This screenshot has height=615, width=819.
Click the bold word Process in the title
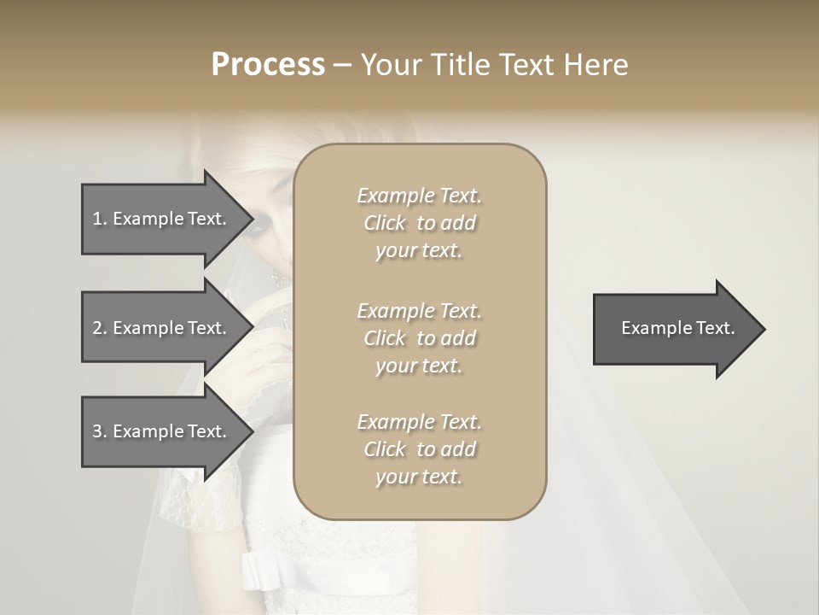tap(268, 65)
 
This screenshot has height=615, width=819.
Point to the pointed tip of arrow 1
tap(248, 220)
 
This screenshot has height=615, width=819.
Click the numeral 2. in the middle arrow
tap(100, 328)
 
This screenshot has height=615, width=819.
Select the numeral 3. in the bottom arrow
tap(100, 431)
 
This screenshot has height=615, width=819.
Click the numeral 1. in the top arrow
tap(100, 219)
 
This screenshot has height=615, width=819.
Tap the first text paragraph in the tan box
tap(419, 223)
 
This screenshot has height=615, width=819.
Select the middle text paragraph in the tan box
tap(419, 338)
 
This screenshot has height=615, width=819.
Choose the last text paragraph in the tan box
tap(419, 449)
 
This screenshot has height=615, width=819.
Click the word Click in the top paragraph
tap(385, 224)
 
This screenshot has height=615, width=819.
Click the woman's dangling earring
tap(276, 278)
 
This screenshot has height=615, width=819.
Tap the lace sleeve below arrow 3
tap(196, 504)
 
